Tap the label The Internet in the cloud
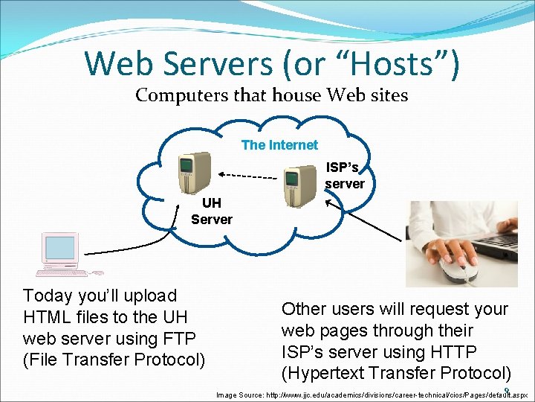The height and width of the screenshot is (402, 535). (279, 145)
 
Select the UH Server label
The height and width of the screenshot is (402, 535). (211, 211)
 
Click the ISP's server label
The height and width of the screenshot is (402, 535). (344, 176)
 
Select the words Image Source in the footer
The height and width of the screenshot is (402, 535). (239, 395)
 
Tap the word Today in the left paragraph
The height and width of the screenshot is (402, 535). (48, 296)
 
